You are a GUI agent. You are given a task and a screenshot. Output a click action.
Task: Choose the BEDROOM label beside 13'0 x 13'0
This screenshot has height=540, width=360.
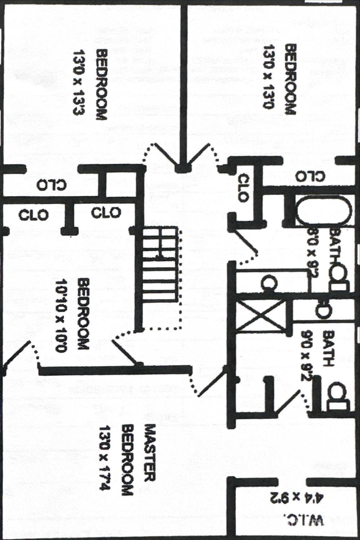[x=290, y=79]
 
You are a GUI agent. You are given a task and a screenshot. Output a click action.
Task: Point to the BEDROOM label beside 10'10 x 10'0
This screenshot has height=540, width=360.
[x=83, y=313]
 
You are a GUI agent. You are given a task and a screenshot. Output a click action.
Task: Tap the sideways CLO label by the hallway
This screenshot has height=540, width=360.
[x=243, y=188]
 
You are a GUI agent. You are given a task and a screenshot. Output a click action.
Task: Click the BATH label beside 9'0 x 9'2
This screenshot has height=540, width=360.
[x=328, y=348]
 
